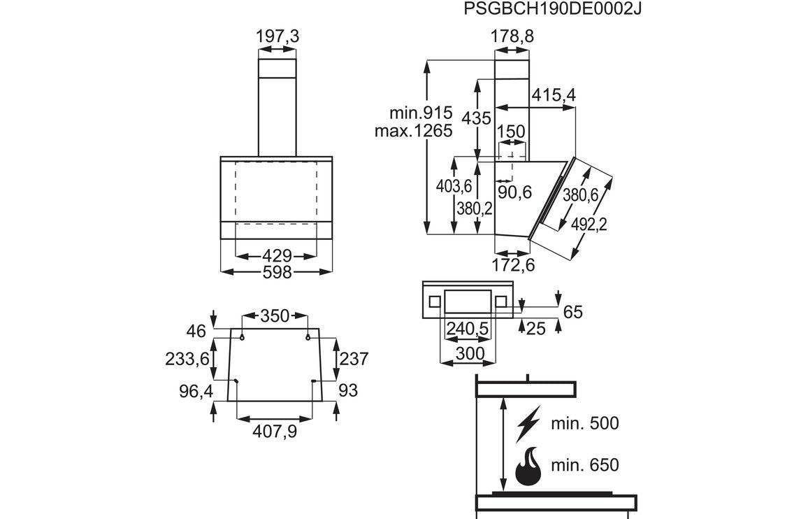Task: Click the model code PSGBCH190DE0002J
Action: [552, 10]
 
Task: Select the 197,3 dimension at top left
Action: [277, 36]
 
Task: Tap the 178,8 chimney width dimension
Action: [512, 36]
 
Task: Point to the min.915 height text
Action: [421, 113]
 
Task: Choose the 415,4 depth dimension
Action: [554, 95]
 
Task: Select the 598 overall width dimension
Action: [277, 272]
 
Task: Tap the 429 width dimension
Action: [277, 255]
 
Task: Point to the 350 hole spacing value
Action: [275, 316]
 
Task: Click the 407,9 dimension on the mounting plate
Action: [274, 432]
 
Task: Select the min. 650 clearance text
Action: [585, 464]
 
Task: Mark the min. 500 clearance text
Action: [585, 422]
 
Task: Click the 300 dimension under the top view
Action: [469, 353]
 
